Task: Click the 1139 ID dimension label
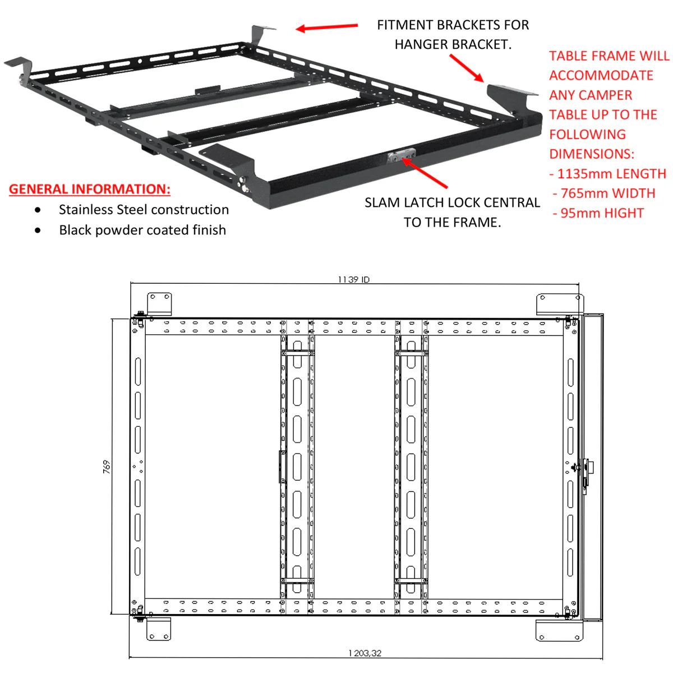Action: coord(353,279)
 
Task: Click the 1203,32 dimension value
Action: coord(365,653)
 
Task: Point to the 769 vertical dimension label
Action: coord(107,467)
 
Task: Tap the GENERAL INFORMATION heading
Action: coord(90,189)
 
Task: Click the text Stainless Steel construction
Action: coord(144,210)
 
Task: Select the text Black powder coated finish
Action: coord(142,230)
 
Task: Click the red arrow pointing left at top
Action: coord(326,27)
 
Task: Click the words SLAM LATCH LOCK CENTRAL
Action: coord(452,202)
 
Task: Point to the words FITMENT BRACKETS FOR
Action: coord(453,25)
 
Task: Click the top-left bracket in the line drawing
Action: coord(159,303)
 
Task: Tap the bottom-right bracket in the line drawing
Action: coord(559,630)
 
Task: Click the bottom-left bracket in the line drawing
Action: coord(159,629)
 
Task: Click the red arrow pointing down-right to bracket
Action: coord(467,68)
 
